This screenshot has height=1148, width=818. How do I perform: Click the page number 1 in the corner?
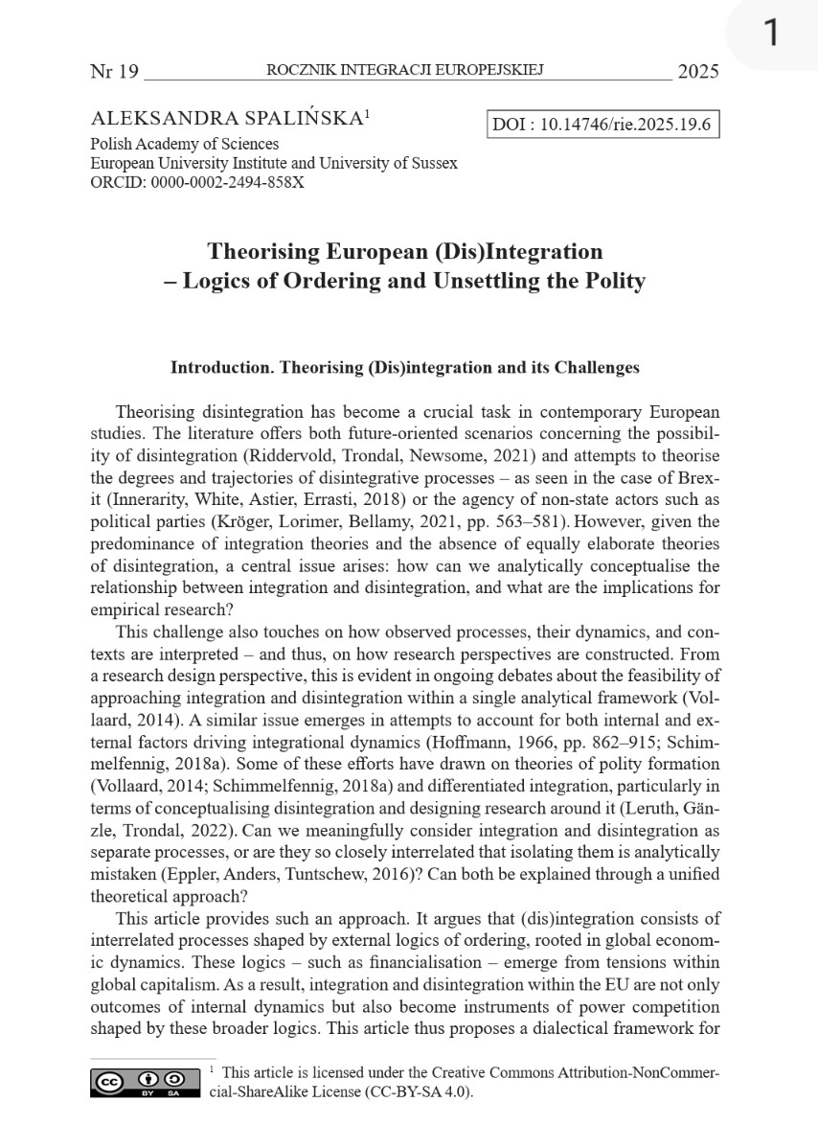click(x=772, y=34)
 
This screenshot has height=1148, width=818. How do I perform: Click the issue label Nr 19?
click(x=114, y=72)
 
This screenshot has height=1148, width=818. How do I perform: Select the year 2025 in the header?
click(x=697, y=72)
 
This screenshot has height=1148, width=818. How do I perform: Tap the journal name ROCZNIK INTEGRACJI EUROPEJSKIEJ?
click(x=405, y=71)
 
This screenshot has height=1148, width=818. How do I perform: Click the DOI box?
click(x=603, y=126)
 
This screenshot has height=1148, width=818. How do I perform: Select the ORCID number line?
click(x=197, y=182)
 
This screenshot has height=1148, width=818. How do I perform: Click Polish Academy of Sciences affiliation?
click(x=185, y=144)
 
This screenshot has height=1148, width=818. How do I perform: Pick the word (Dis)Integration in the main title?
click(x=518, y=251)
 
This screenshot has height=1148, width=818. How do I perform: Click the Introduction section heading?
click(x=404, y=367)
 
